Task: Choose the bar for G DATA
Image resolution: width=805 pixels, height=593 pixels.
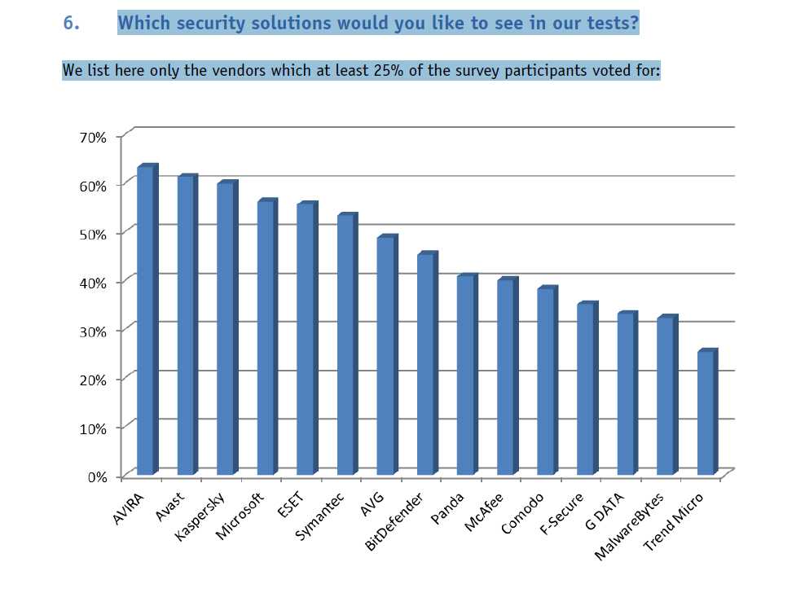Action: (x=626, y=394)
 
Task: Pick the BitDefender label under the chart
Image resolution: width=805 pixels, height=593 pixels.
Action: (x=395, y=521)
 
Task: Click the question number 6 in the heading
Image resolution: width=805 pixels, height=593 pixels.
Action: (x=71, y=23)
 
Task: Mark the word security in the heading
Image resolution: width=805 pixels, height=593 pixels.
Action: (x=211, y=23)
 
